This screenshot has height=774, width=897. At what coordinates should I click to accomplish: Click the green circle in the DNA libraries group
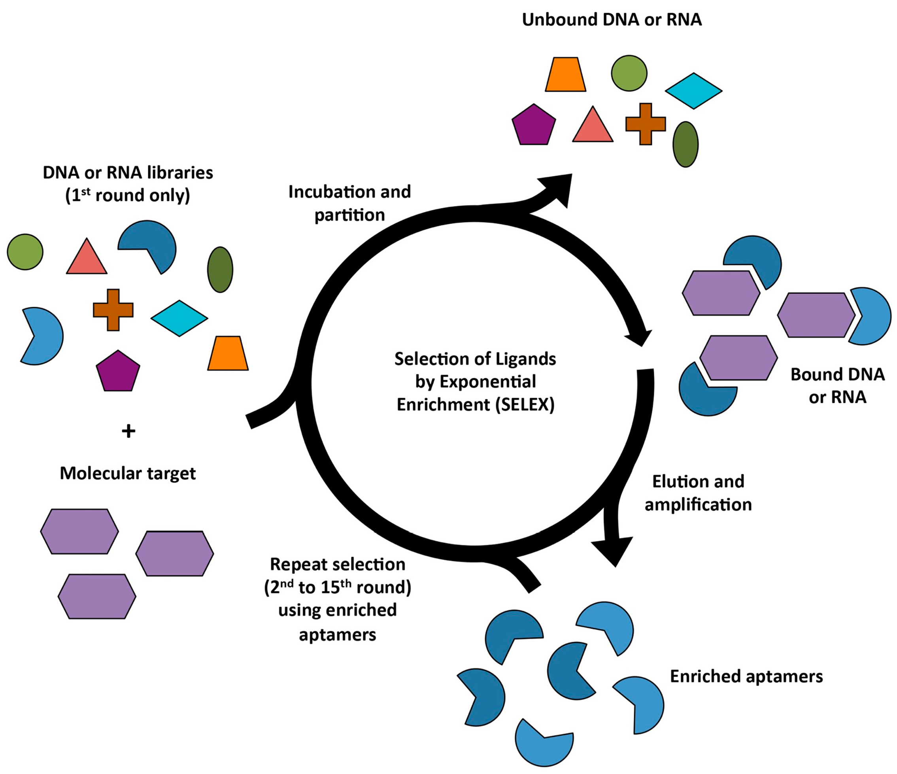point(25,252)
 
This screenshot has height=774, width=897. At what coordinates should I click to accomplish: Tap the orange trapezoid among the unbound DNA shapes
point(565,75)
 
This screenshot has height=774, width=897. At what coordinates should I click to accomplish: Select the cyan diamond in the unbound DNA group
point(693,91)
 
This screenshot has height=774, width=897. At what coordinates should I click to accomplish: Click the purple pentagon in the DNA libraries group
point(118,372)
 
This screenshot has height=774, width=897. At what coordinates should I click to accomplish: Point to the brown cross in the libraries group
point(113,310)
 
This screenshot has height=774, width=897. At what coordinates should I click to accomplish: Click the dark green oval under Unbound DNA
point(685,144)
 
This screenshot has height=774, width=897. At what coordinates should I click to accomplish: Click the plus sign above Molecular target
point(128,431)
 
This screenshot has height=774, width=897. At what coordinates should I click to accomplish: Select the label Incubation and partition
point(349,203)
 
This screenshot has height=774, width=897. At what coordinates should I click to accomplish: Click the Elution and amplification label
point(698,493)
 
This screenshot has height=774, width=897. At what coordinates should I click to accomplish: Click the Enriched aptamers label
point(746,676)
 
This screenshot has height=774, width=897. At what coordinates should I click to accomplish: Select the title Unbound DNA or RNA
point(611,20)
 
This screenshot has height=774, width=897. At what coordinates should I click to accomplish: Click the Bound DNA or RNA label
point(837,385)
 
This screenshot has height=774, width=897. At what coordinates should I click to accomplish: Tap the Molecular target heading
point(128,473)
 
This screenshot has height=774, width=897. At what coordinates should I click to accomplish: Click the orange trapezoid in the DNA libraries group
point(228,354)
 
